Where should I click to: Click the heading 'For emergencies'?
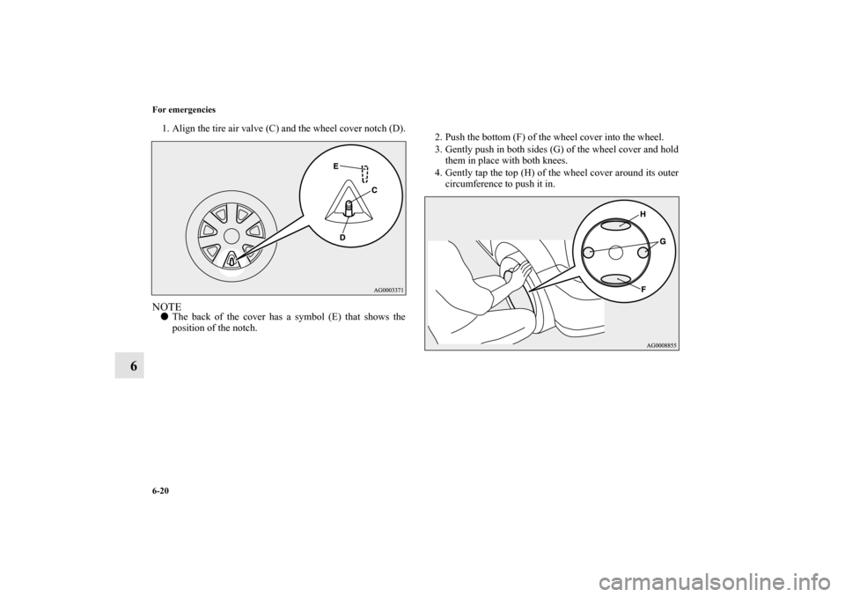coord(184,109)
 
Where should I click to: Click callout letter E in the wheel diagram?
coord(335,166)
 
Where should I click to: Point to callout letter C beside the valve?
coord(373,190)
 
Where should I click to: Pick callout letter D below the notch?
coord(342,237)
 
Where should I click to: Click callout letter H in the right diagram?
coord(643,214)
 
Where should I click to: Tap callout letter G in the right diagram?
coord(662,242)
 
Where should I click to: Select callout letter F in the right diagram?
coord(643,289)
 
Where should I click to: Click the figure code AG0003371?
coord(388,290)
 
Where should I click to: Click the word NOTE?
coord(166,307)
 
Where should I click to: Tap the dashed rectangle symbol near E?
coord(364,173)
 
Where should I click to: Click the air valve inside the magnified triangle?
coord(349,209)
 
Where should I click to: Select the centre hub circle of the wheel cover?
coord(231,236)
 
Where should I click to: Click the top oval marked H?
coord(616,225)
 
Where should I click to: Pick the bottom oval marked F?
coord(616,279)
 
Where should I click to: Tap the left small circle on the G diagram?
coord(589,252)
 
